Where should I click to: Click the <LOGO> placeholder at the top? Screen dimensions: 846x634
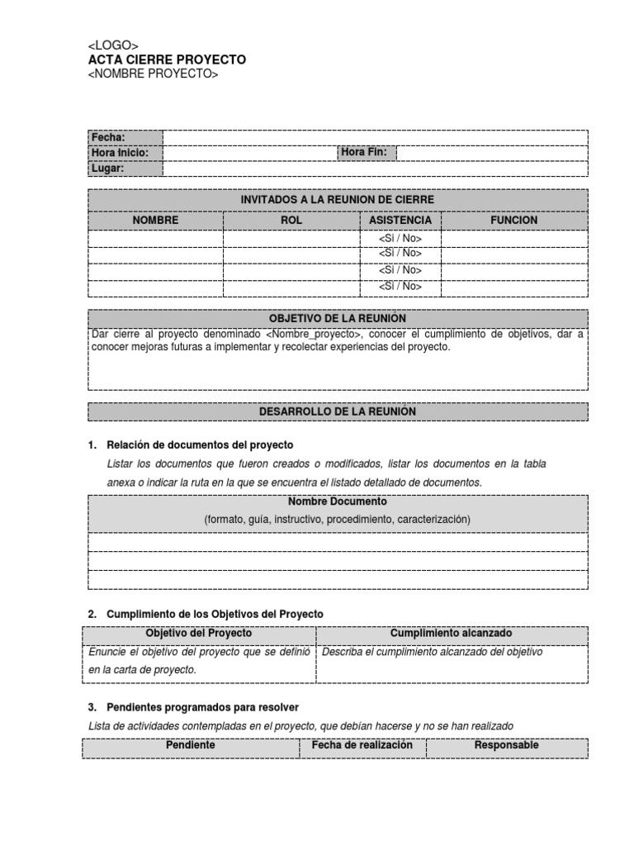pyautogui.click(x=113, y=45)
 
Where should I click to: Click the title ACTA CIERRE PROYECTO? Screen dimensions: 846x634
pyautogui.click(x=167, y=60)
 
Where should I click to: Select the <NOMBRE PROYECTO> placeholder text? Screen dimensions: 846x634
pyautogui.click(x=153, y=74)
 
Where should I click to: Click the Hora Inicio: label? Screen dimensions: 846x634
pyautogui.click(x=120, y=153)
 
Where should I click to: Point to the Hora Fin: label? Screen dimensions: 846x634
pyautogui.click(x=364, y=152)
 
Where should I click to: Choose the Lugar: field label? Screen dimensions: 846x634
pyautogui.click(x=107, y=168)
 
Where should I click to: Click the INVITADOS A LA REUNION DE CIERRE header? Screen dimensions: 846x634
pyautogui.click(x=337, y=200)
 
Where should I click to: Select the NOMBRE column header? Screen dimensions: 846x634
pyautogui.click(x=155, y=221)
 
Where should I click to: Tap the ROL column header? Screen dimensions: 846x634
pyautogui.click(x=291, y=221)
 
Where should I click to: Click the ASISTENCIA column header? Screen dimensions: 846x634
pyautogui.click(x=400, y=221)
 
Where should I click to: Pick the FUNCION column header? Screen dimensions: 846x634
pyautogui.click(x=513, y=221)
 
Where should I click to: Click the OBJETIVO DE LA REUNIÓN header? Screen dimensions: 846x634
pyautogui.click(x=337, y=318)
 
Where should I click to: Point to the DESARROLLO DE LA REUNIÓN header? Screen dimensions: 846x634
pyautogui.click(x=337, y=411)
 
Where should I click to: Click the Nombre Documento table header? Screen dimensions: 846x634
pyautogui.click(x=337, y=501)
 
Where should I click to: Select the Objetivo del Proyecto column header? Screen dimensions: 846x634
pyautogui.click(x=199, y=633)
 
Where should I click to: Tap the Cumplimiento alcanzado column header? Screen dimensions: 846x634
pyautogui.click(x=451, y=633)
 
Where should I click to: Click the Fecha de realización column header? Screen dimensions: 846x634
pyautogui.click(x=362, y=745)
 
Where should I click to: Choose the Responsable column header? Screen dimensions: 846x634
pyautogui.click(x=506, y=745)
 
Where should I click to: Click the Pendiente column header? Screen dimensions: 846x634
pyautogui.click(x=191, y=745)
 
